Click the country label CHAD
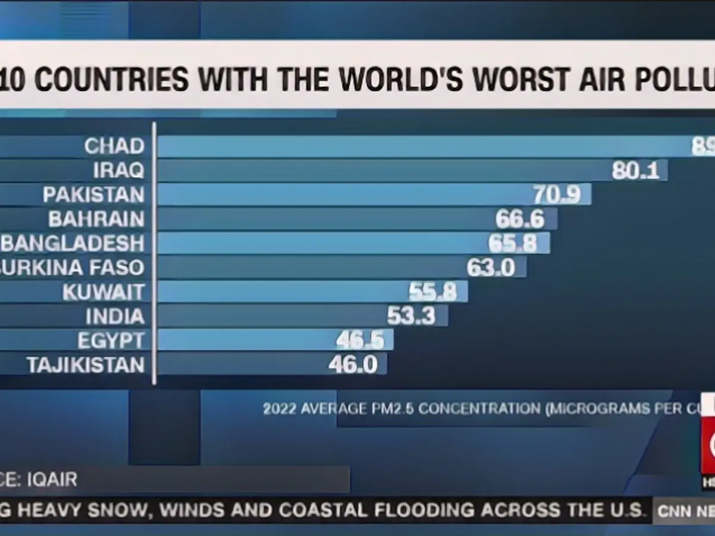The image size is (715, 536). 114,146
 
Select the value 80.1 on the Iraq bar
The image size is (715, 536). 635,171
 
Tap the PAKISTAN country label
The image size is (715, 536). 94,195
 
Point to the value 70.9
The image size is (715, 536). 557,195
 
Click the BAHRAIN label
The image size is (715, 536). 97,219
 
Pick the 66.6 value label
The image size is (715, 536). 520,219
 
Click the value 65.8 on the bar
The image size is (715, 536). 512,244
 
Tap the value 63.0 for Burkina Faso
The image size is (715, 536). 491,267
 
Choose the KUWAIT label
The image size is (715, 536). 104,292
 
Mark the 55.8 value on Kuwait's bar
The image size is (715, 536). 433,292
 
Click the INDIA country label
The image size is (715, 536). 115,316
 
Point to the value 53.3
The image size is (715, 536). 411,316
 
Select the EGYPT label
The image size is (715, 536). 111,341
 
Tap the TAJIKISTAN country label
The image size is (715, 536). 86,364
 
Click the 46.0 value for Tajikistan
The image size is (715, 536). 353,364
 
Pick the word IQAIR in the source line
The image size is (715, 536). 52,479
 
